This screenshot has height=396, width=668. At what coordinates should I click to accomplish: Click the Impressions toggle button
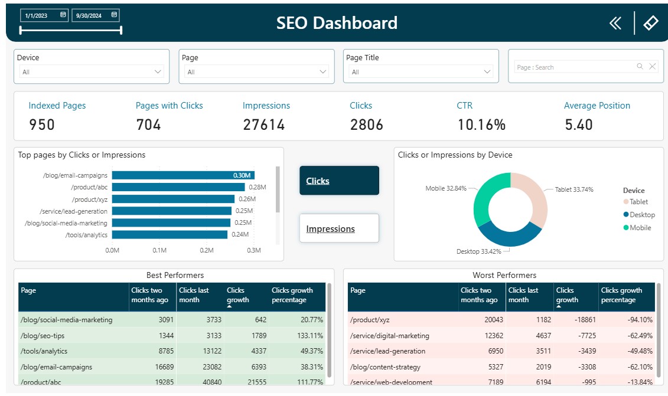point(339,228)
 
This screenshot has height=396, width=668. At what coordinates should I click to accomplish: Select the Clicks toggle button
point(339,181)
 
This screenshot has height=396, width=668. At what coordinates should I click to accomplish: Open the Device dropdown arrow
point(158,71)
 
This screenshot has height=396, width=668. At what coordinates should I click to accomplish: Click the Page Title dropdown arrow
point(487,71)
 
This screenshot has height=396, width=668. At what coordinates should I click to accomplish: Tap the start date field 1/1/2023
point(44,15)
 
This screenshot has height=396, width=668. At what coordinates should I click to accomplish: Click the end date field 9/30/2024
point(96,15)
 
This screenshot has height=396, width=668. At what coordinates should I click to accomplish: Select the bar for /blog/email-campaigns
point(183,175)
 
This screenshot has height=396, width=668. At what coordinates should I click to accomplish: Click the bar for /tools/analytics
point(170,235)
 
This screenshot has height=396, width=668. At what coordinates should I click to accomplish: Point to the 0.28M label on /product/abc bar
point(258,187)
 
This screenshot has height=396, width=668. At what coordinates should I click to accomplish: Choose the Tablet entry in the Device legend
point(635,202)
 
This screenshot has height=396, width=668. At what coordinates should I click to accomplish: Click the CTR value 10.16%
point(481,125)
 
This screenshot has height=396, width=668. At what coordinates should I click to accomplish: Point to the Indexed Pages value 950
point(42,125)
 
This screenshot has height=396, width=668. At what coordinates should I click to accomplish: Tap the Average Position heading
point(597,106)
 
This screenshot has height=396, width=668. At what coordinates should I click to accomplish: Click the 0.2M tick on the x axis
point(207,250)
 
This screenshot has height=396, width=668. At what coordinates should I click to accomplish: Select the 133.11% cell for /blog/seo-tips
point(309,336)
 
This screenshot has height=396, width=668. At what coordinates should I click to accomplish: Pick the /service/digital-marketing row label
point(389,336)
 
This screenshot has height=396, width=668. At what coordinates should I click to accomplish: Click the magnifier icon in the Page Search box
point(640,67)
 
